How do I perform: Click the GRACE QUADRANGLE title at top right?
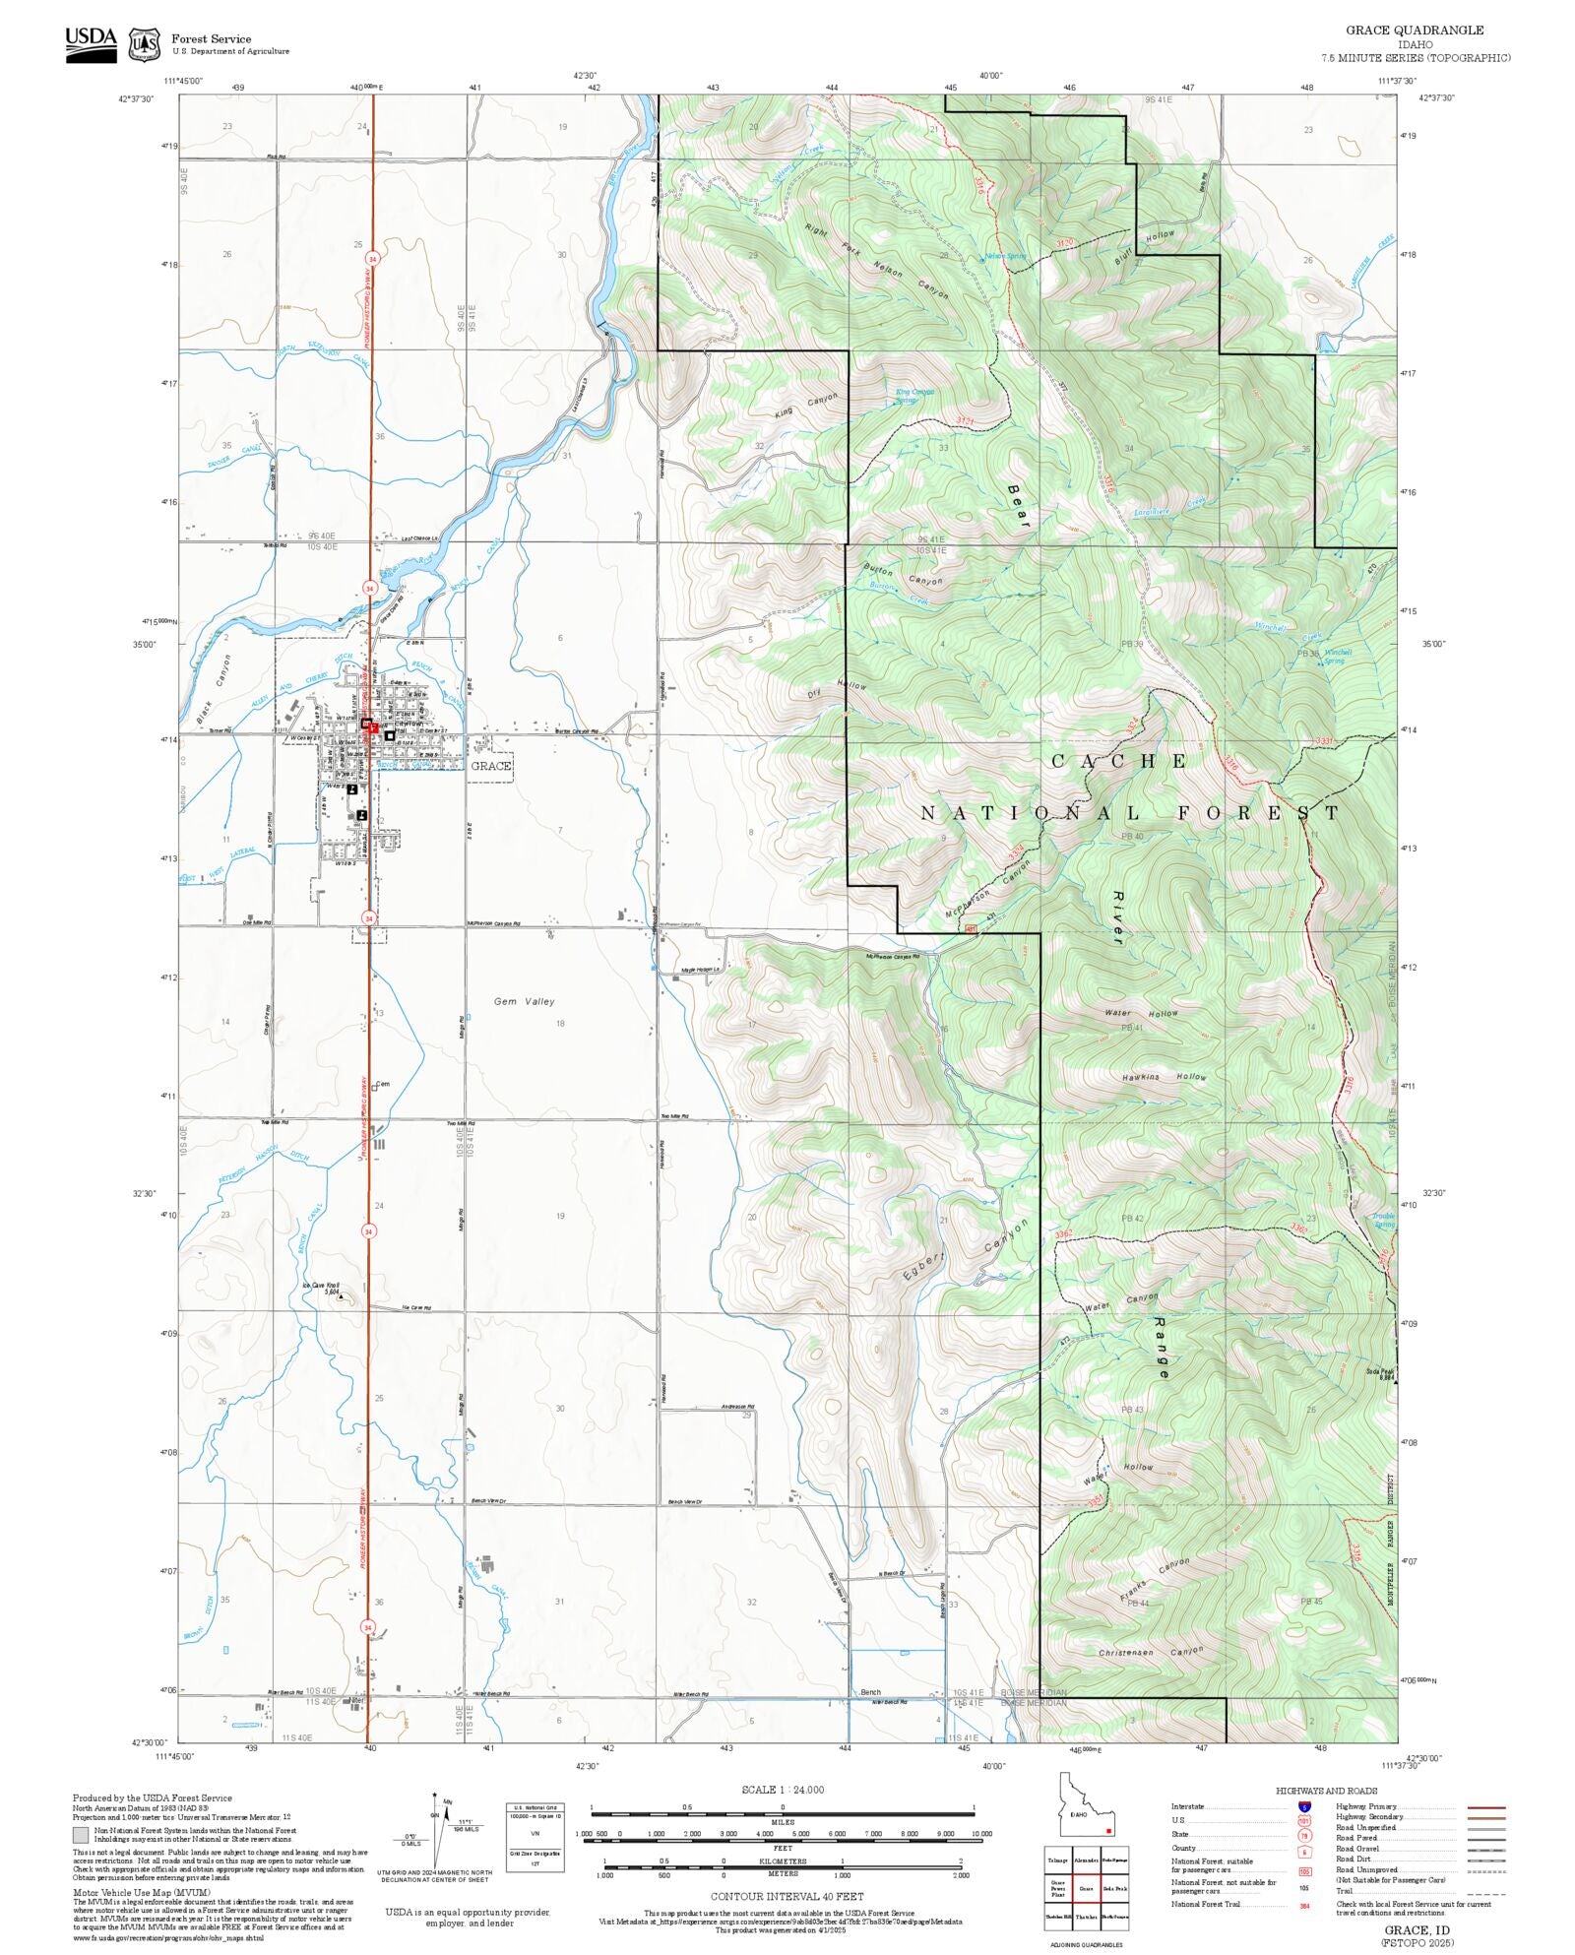coord(1415,31)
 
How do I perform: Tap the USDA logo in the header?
coord(91,43)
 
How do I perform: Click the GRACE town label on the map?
coord(490,766)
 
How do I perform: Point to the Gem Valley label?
coord(524,1001)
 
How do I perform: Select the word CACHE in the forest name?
coord(1119,761)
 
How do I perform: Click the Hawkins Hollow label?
coord(1164,1078)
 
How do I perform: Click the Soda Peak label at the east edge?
coord(1379,1372)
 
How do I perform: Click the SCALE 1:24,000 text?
coord(783,1789)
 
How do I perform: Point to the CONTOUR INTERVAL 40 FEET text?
coord(787,1895)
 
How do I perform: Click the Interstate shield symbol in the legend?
coord(1304,1807)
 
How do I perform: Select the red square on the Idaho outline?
coord(1109,1831)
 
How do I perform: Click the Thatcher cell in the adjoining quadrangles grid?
coord(1086,1917)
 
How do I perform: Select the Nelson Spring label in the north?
coord(1005,257)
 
